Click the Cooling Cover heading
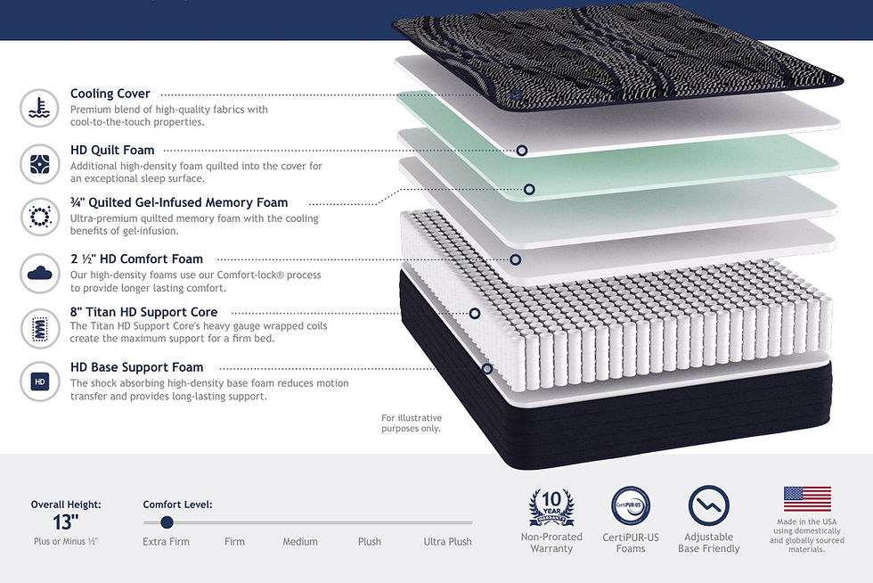coord(110,94)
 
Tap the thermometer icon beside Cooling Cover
coord(39,108)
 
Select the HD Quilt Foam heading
coord(112,150)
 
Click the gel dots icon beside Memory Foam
coord(39,217)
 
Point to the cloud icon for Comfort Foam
coord(39,273)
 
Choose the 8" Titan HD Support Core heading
coord(143,312)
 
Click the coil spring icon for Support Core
coord(39,328)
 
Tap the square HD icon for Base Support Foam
coord(39,382)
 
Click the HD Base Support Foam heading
coord(137,367)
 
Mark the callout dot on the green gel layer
coord(529,190)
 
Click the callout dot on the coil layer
coord(474,314)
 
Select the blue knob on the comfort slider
coord(167,522)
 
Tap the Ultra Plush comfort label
coord(447,541)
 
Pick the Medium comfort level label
coord(300,541)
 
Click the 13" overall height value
coord(66,522)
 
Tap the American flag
coord(807,499)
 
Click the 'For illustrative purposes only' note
coord(412,423)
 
